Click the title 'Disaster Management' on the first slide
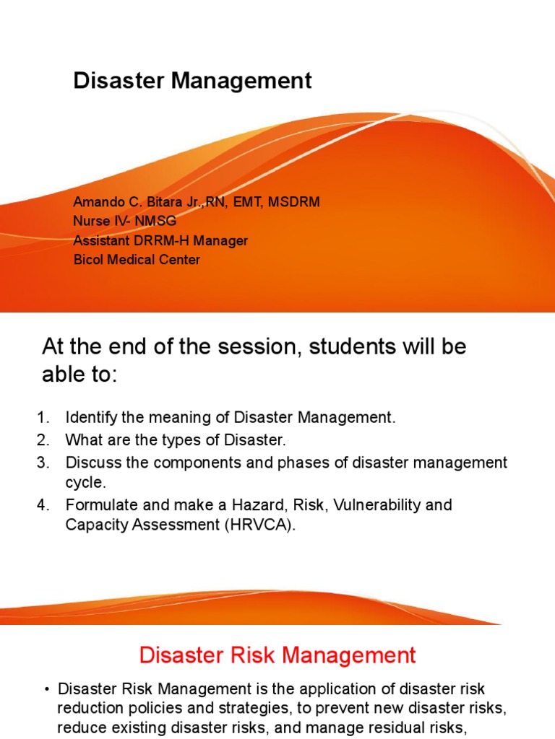coord(192,81)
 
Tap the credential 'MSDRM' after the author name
coord(294,202)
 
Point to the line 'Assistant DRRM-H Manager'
coord(160,240)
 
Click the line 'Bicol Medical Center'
coord(137,259)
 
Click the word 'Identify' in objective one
coord(89,418)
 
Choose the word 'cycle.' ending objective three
coord(86,482)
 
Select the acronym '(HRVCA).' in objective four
coord(261,525)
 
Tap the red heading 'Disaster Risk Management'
coord(277,655)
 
